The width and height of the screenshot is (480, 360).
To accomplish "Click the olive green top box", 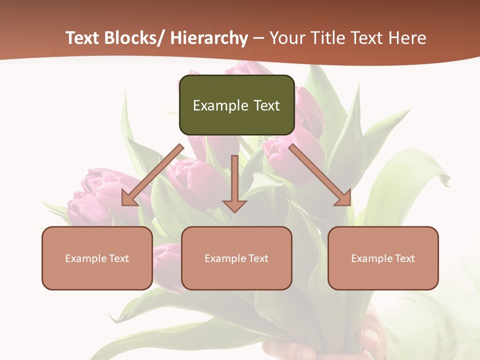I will [236, 105].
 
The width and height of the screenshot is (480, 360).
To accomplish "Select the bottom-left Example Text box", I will [97, 258].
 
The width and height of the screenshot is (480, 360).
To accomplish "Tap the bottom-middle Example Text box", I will [236, 258].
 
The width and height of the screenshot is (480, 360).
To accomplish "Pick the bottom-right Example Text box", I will [383, 258].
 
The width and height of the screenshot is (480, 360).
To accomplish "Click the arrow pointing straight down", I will [234, 182].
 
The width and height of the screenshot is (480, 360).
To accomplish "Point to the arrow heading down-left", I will [152, 175].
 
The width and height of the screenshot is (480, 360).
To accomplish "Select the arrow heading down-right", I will [320, 175].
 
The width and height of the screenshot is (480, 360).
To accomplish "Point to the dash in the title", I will [258, 38].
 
